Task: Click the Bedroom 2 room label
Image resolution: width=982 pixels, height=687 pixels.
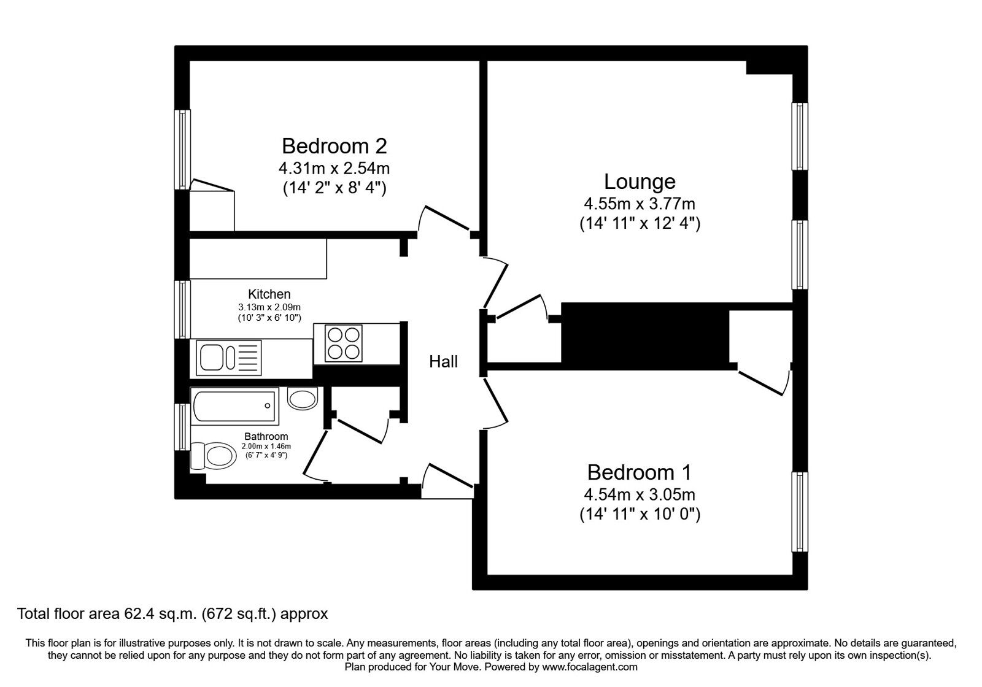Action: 334,146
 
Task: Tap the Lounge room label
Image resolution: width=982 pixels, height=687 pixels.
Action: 640,182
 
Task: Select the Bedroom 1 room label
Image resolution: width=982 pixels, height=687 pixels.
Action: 639,472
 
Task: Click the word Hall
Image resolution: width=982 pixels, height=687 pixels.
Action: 443,362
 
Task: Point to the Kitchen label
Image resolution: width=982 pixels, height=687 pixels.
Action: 269,294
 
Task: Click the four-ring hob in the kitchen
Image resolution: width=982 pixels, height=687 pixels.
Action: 343,343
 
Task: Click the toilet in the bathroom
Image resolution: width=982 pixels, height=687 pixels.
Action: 213,456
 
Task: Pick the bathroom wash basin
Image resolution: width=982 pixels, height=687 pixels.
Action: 303,399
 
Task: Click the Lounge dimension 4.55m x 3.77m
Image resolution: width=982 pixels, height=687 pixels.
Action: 640,203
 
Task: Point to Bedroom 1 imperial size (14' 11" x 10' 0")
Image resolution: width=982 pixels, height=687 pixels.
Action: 640,514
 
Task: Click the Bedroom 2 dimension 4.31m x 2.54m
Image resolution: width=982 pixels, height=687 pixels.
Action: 334,167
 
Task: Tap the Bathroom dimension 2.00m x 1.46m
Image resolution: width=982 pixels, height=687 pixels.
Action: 266,447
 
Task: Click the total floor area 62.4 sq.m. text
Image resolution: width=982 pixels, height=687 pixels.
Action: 172,613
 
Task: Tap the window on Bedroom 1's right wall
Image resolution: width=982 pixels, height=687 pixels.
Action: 800,512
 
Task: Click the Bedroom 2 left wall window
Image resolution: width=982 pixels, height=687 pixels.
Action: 182,150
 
